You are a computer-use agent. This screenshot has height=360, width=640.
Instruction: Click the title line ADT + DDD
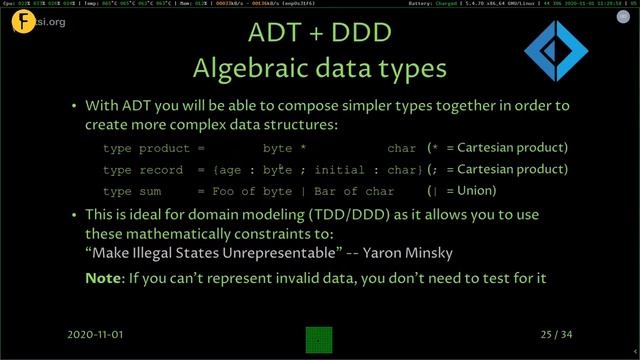(x=320, y=36)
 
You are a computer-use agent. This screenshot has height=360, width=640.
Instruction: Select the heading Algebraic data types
(x=320, y=70)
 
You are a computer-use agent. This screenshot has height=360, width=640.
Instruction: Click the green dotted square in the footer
(x=319, y=339)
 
